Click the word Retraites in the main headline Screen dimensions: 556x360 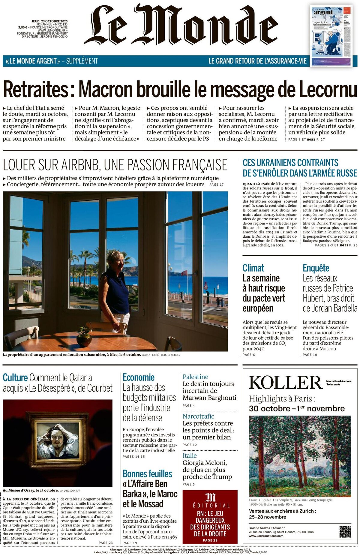pyautogui.click(x=35, y=89)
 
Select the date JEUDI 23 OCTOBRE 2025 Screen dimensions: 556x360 pyautogui.click(x=49, y=21)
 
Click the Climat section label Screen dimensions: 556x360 pyautogui.click(x=253, y=268)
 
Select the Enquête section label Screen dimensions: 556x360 pyautogui.click(x=316, y=268)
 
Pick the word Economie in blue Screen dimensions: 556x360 pyautogui.click(x=138, y=377)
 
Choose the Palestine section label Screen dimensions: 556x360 pyautogui.click(x=195, y=377)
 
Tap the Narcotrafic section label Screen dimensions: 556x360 pyautogui.click(x=198, y=416)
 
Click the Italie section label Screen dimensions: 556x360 pyautogui.click(x=190, y=455)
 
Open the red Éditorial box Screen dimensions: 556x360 pyautogui.click(x=210, y=517)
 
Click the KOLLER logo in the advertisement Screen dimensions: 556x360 pyautogui.click(x=285, y=383)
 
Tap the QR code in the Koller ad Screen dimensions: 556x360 pyautogui.click(x=345, y=532)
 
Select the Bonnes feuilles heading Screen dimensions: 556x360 pyautogui.click(x=147, y=473)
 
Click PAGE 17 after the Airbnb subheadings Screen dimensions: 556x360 pyautogui.click(x=216, y=185)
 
